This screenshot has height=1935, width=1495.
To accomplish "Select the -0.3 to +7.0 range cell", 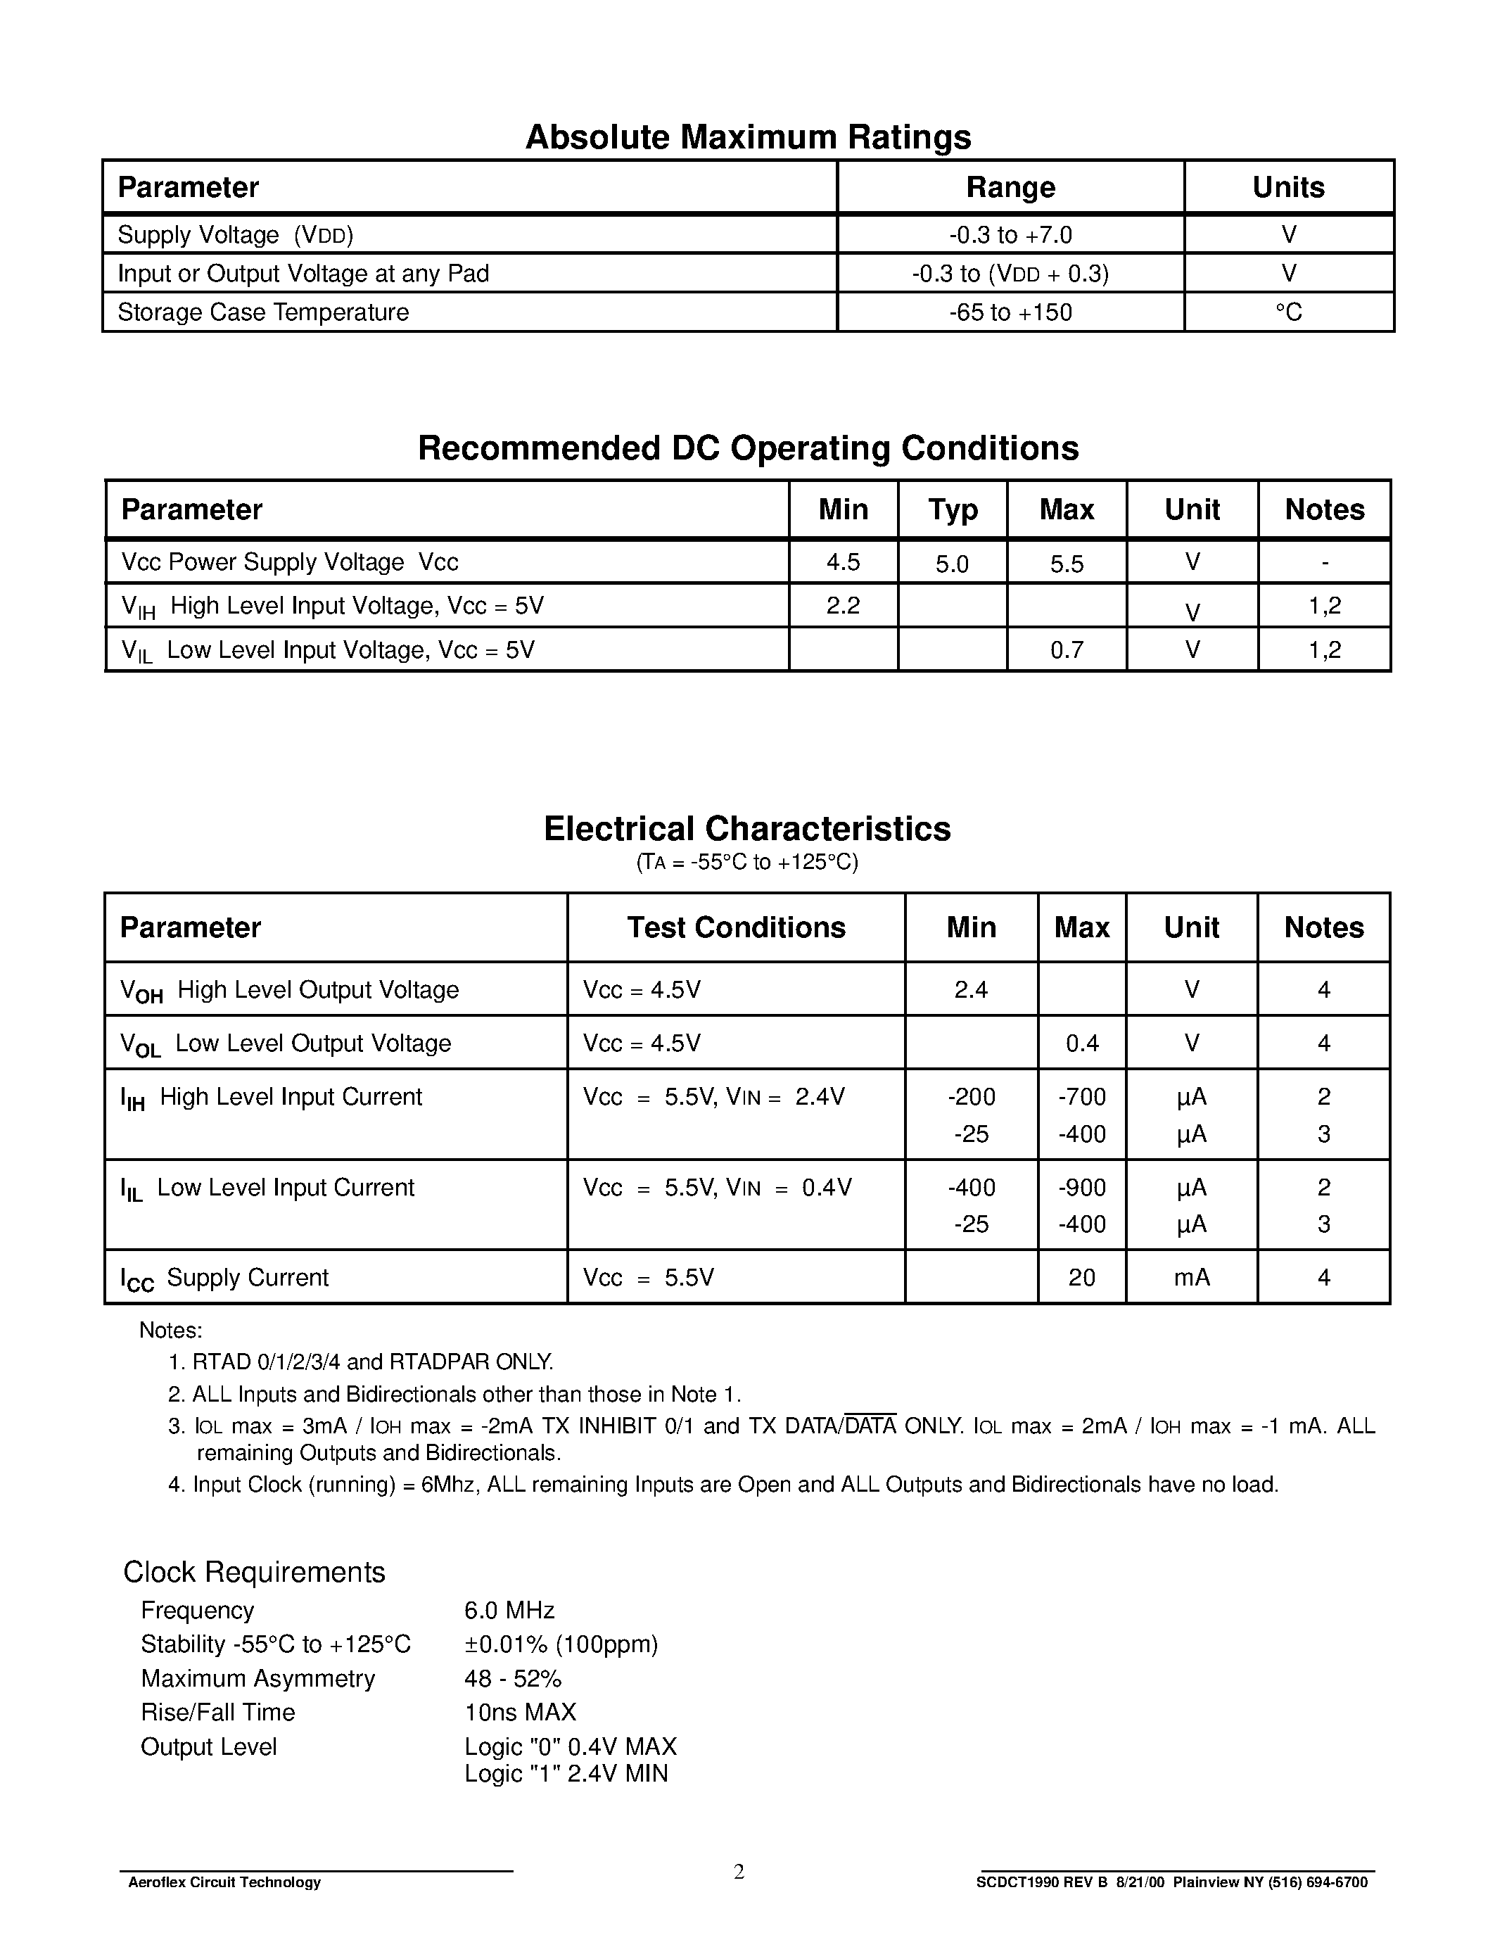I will (x=1010, y=235).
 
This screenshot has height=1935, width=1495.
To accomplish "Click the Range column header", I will (x=1010, y=187).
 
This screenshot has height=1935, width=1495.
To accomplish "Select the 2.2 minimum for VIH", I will (x=842, y=605).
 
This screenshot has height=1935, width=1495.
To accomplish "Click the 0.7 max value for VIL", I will (x=1067, y=650).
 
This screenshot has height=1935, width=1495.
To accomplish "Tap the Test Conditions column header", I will (x=736, y=927).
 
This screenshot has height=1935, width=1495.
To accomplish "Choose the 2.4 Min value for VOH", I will (x=971, y=989).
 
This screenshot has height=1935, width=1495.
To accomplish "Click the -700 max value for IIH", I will (x=1081, y=1097).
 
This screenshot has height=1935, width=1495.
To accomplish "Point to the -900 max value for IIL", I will (x=1081, y=1187).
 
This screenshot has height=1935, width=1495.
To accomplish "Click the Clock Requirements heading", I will (x=254, y=1572).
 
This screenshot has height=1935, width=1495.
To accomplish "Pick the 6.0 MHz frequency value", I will (x=509, y=1610).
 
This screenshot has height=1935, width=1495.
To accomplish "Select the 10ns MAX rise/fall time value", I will (x=520, y=1712).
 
